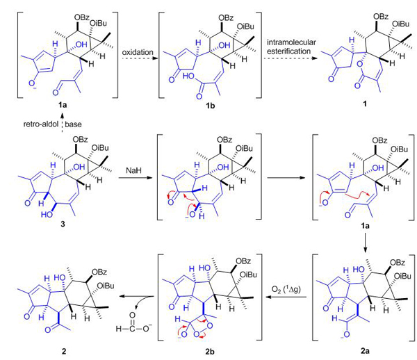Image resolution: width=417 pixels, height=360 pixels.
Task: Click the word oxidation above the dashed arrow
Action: (x=138, y=52)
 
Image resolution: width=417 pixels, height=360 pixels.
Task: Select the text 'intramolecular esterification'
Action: (x=291, y=47)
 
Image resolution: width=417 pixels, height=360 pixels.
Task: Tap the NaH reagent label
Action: (x=133, y=170)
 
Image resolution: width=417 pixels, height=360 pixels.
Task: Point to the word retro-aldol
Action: (x=41, y=124)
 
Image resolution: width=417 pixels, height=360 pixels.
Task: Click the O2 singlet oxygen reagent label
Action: (x=286, y=289)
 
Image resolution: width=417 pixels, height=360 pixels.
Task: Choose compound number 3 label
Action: (x=63, y=224)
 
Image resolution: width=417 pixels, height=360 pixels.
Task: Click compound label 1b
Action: (x=210, y=106)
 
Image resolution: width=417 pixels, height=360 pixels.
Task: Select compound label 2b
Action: (x=210, y=352)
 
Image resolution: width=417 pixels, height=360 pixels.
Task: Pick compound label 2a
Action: (x=365, y=351)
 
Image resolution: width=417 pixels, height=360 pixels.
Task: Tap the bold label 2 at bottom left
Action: (x=63, y=352)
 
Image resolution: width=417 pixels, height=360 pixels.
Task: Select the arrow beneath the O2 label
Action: (x=286, y=297)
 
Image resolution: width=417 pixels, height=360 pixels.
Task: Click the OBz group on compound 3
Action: (x=80, y=139)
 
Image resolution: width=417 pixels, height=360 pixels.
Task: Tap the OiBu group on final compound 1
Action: (x=400, y=24)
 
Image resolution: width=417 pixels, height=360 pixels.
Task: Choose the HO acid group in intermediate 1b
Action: (x=189, y=77)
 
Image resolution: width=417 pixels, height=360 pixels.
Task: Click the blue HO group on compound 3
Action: (x=47, y=214)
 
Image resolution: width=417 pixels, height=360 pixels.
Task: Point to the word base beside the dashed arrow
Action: (x=73, y=124)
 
